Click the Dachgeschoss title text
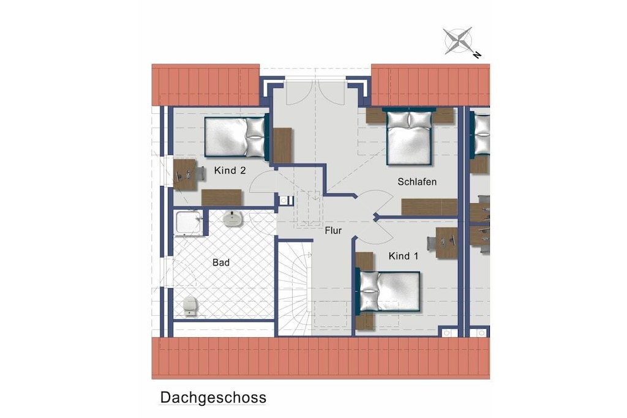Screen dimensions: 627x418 coord(213,398)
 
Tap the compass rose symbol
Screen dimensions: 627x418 coord(458,40)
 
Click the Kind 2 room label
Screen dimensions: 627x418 coord(230,171)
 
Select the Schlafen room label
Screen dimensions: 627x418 coord(417,182)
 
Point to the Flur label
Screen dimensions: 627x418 coord(333,231)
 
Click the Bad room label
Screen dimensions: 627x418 coord(221,263)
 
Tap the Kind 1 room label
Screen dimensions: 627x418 coord(404,256)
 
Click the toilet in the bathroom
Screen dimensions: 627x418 coord(190,307)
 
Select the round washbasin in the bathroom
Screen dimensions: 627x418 coord(233,218)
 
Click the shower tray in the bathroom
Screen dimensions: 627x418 coord(189,223)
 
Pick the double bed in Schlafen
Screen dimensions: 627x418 coord(409,138)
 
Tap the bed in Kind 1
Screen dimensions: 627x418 coord(388,291)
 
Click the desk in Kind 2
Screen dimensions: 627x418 coord(185,174)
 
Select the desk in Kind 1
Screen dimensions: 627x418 coord(446,242)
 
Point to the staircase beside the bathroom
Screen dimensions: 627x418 coord(295,288)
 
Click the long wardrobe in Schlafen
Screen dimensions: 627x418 coord(429,207)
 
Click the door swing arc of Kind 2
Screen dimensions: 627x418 coord(260,180)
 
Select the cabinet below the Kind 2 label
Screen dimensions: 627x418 coord(222,198)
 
